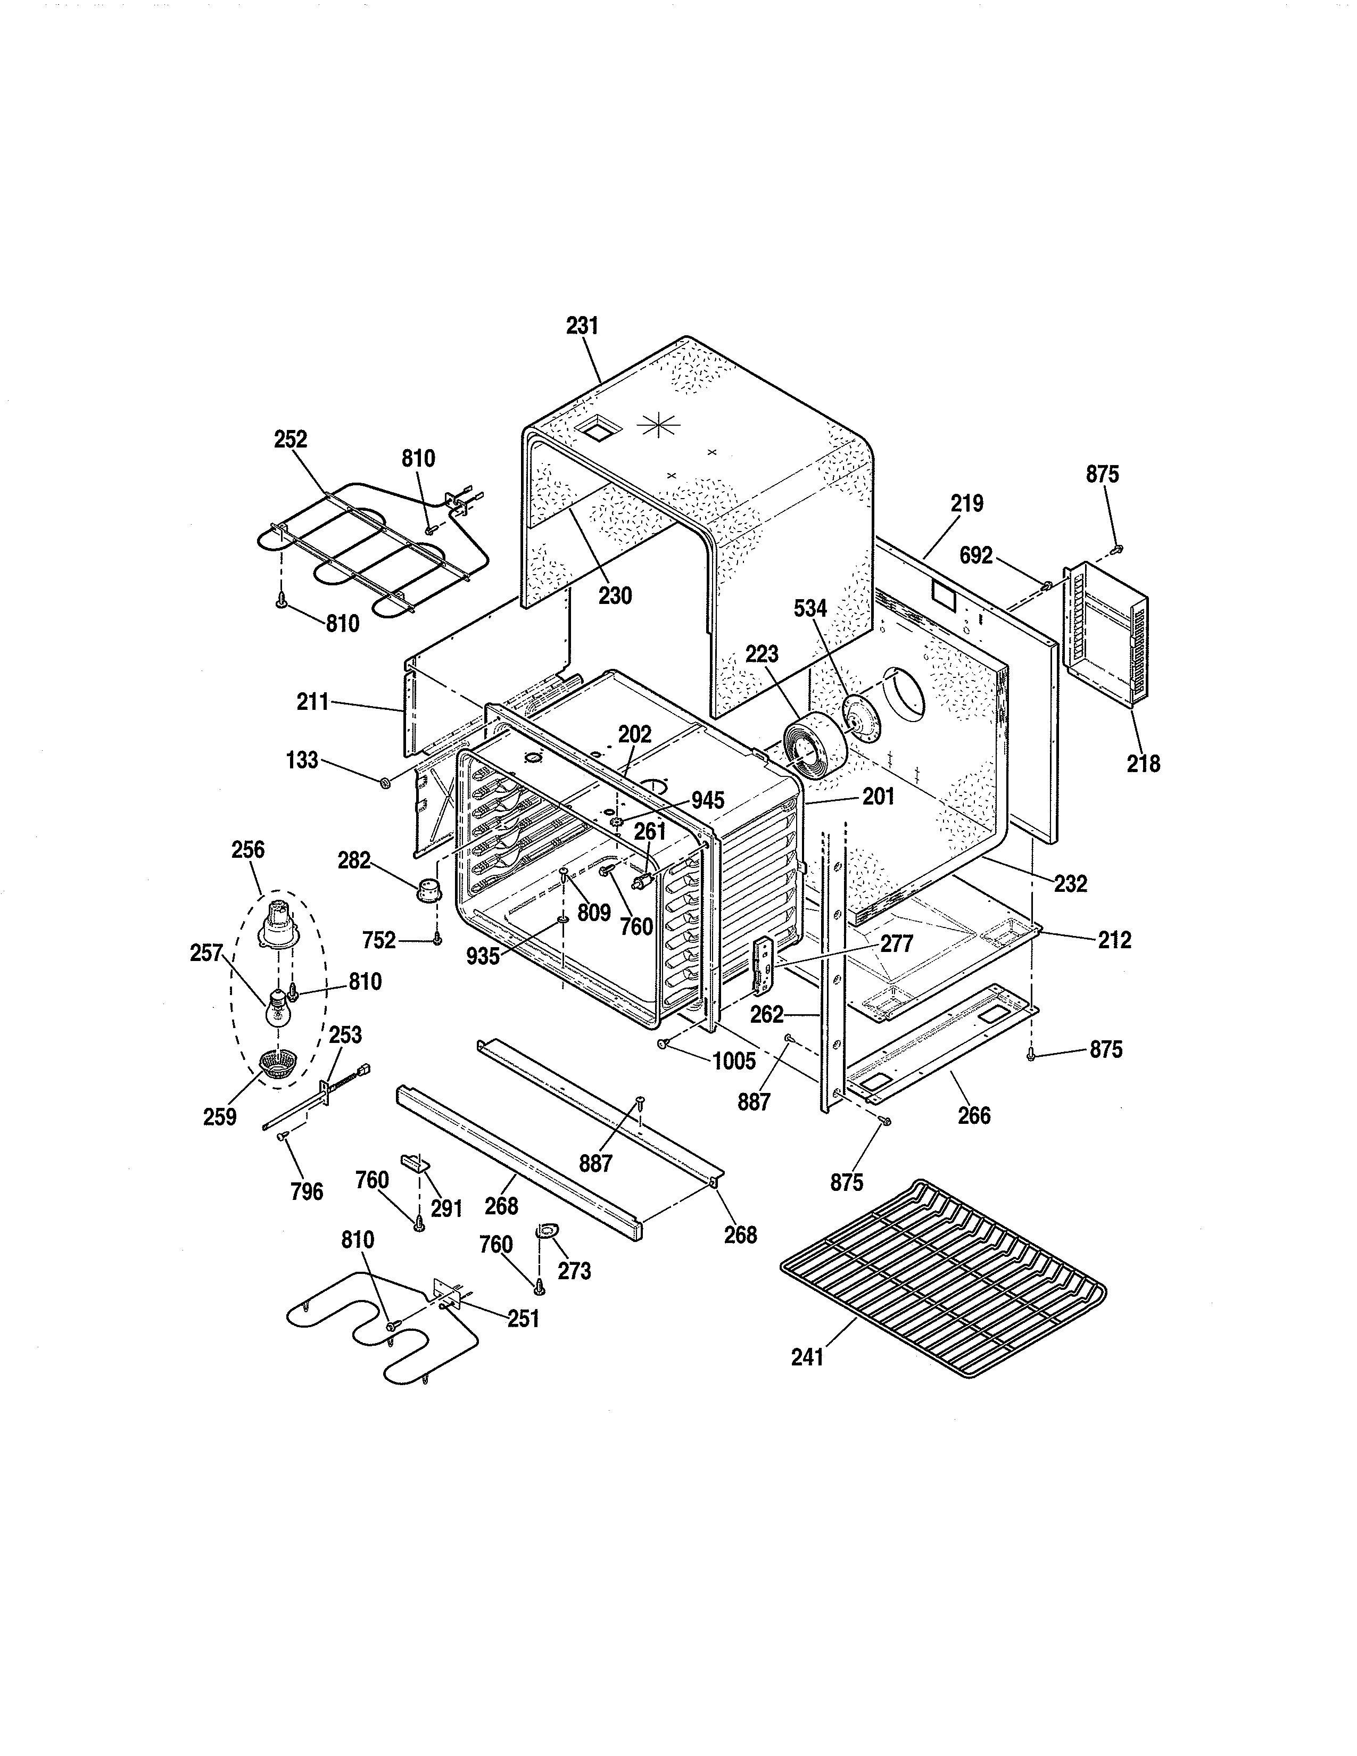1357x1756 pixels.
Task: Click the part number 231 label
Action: point(582,326)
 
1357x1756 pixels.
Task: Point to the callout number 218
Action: point(1143,763)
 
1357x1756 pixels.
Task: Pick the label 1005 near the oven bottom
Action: point(734,1062)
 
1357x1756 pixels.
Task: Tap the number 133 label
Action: point(302,760)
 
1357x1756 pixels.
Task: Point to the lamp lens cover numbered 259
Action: point(279,1064)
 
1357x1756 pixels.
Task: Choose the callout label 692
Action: point(977,556)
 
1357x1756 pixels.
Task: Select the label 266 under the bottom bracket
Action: point(973,1115)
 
